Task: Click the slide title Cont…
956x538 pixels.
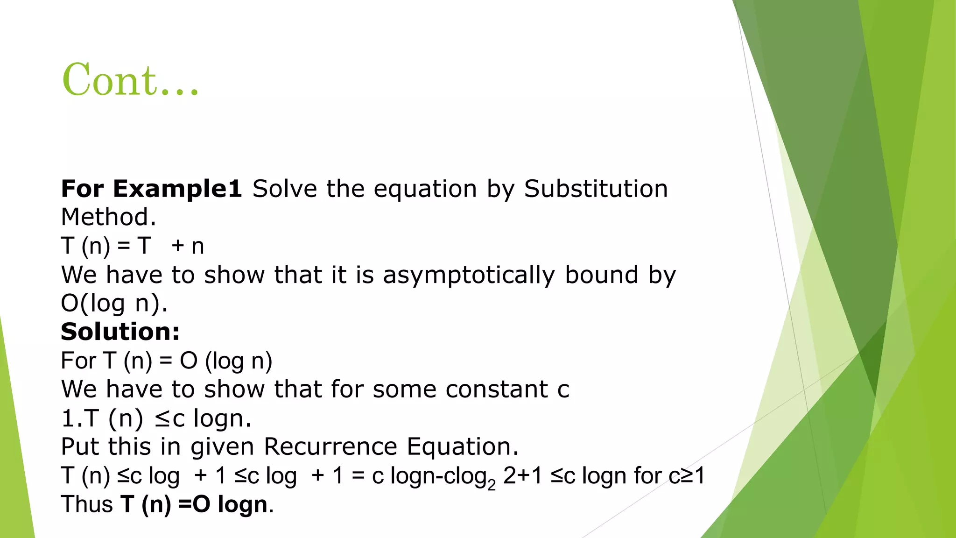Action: (131, 80)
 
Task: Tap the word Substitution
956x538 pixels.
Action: (596, 189)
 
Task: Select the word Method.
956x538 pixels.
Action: (108, 217)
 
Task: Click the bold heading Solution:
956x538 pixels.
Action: (120, 332)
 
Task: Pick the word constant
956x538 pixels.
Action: (497, 389)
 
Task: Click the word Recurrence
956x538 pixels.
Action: (330, 446)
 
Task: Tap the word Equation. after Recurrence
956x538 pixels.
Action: (463, 446)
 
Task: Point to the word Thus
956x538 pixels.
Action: (87, 504)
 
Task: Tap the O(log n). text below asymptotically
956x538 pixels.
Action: (114, 303)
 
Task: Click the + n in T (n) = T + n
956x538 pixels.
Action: (188, 246)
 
